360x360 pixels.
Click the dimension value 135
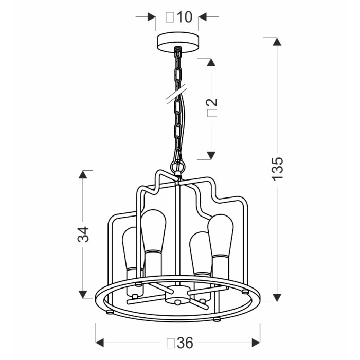point(277,169)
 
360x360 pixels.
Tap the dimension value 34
point(83,234)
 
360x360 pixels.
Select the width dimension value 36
point(185,343)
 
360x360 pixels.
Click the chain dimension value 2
point(212,102)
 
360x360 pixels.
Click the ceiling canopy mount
point(178,41)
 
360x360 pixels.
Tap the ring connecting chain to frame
point(177,165)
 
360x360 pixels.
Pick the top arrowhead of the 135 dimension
point(277,42)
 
